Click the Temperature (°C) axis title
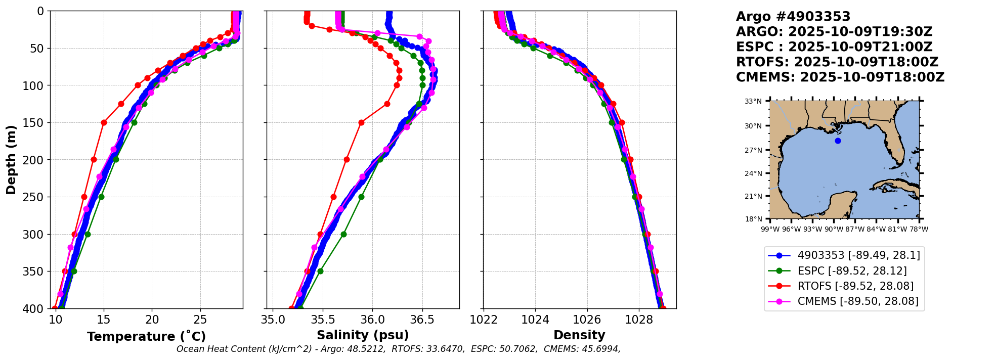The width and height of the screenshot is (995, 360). (x=146, y=337)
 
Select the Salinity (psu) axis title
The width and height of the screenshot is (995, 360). (x=363, y=335)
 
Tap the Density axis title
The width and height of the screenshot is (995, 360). (x=579, y=335)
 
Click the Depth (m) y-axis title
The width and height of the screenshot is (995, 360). (x=11, y=159)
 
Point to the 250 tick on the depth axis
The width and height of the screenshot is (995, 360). (x=36, y=197)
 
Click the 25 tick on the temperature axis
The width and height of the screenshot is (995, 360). (x=200, y=320)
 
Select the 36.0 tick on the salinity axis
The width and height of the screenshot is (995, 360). (x=372, y=320)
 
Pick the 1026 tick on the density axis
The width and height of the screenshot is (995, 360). (x=587, y=320)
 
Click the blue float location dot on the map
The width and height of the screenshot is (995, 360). (x=838, y=141)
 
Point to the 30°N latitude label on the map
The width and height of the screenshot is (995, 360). (x=753, y=126)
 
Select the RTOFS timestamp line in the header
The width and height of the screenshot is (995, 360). (x=837, y=62)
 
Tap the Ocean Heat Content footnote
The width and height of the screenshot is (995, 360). (x=398, y=349)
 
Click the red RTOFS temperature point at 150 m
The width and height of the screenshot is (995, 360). (x=104, y=122)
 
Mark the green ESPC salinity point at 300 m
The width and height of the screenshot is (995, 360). (x=343, y=234)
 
